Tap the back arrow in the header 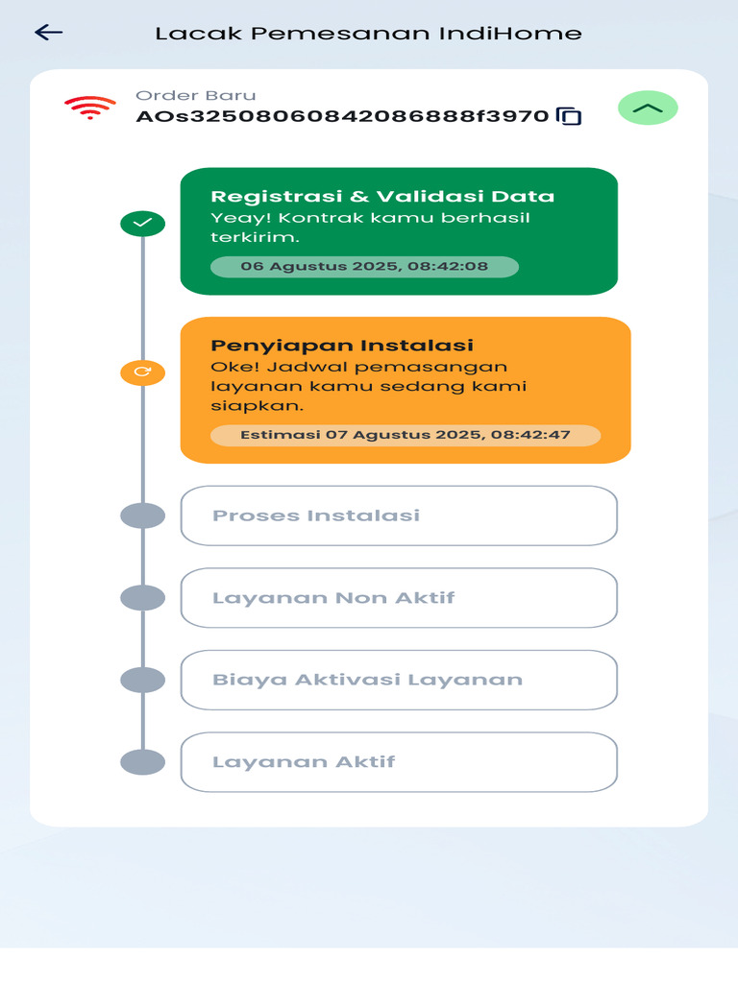tap(48, 33)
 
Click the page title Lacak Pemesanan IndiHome tap(368, 34)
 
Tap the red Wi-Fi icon tap(90, 108)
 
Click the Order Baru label tap(195, 95)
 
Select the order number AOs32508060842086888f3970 tap(342, 117)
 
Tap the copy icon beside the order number tap(570, 116)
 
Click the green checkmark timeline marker tap(142, 224)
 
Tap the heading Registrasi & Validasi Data tap(382, 196)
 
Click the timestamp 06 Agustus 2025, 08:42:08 tap(364, 267)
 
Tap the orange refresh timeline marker tap(142, 372)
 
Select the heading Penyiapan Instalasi tap(342, 346)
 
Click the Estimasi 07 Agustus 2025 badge tap(406, 435)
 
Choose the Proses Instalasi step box tap(399, 515)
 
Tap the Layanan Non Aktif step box tap(399, 598)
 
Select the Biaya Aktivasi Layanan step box tap(399, 680)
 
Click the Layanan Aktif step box tap(399, 762)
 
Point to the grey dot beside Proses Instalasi tap(142, 515)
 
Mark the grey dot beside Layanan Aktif tap(142, 762)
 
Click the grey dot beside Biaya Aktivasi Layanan tap(142, 680)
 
